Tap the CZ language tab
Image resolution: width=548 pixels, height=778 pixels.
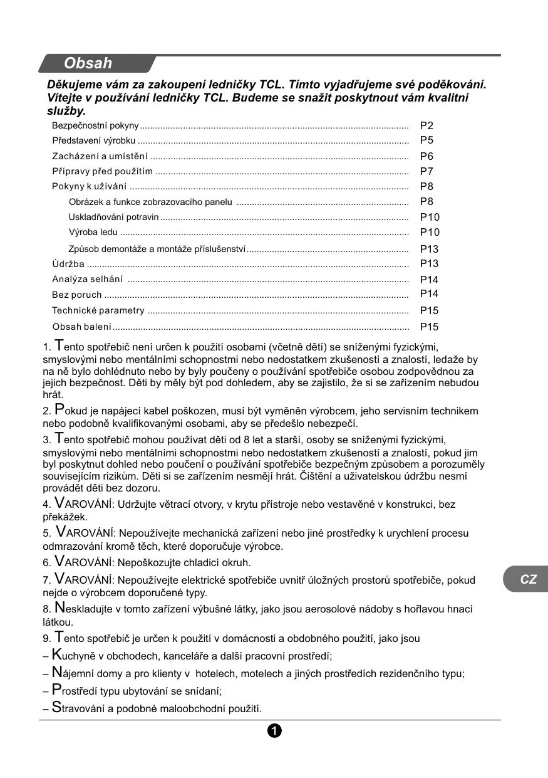tap(528, 579)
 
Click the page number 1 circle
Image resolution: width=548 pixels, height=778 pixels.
tap(274, 730)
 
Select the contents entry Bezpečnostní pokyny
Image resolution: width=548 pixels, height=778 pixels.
tap(95, 126)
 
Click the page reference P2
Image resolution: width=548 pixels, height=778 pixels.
tap(427, 126)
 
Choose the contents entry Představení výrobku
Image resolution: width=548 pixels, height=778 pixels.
tap(94, 140)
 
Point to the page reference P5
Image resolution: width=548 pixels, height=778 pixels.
tap(427, 140)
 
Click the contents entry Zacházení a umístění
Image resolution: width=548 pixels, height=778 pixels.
tap(100, 156)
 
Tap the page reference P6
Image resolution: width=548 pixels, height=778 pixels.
tap(427, 157)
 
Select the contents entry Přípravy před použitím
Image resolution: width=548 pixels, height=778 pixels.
tap(103, 171)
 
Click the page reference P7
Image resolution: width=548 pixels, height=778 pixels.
tap(427, 171)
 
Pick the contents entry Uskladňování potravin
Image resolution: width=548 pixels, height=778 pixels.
tap(113, 217)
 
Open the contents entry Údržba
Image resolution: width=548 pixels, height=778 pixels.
tap(68, 264)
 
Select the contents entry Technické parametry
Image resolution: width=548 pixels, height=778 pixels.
tap(98, 310)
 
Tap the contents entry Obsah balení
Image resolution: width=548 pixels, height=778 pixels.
tap(82, 327)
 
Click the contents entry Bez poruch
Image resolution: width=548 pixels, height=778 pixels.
tap(77, 295)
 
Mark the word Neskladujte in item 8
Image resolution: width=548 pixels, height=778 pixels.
tap(85, 609)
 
